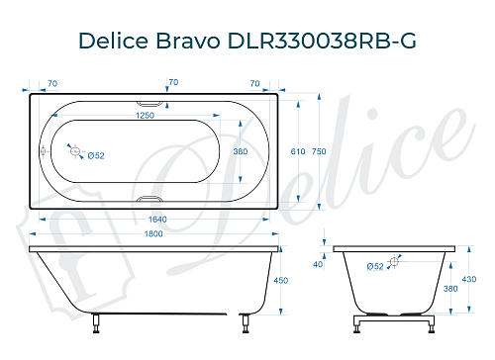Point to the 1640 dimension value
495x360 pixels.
click(x=150, y=220)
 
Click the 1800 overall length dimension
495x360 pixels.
click(x=150, y=234)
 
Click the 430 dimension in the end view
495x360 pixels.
click(x=478, y=280)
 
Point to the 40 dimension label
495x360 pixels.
click(x=318, y=265)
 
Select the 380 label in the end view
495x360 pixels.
click(x=451, y=289)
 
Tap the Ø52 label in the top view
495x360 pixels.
click(x=96, y=156)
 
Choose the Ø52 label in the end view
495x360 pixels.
click(x=375, y=266)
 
